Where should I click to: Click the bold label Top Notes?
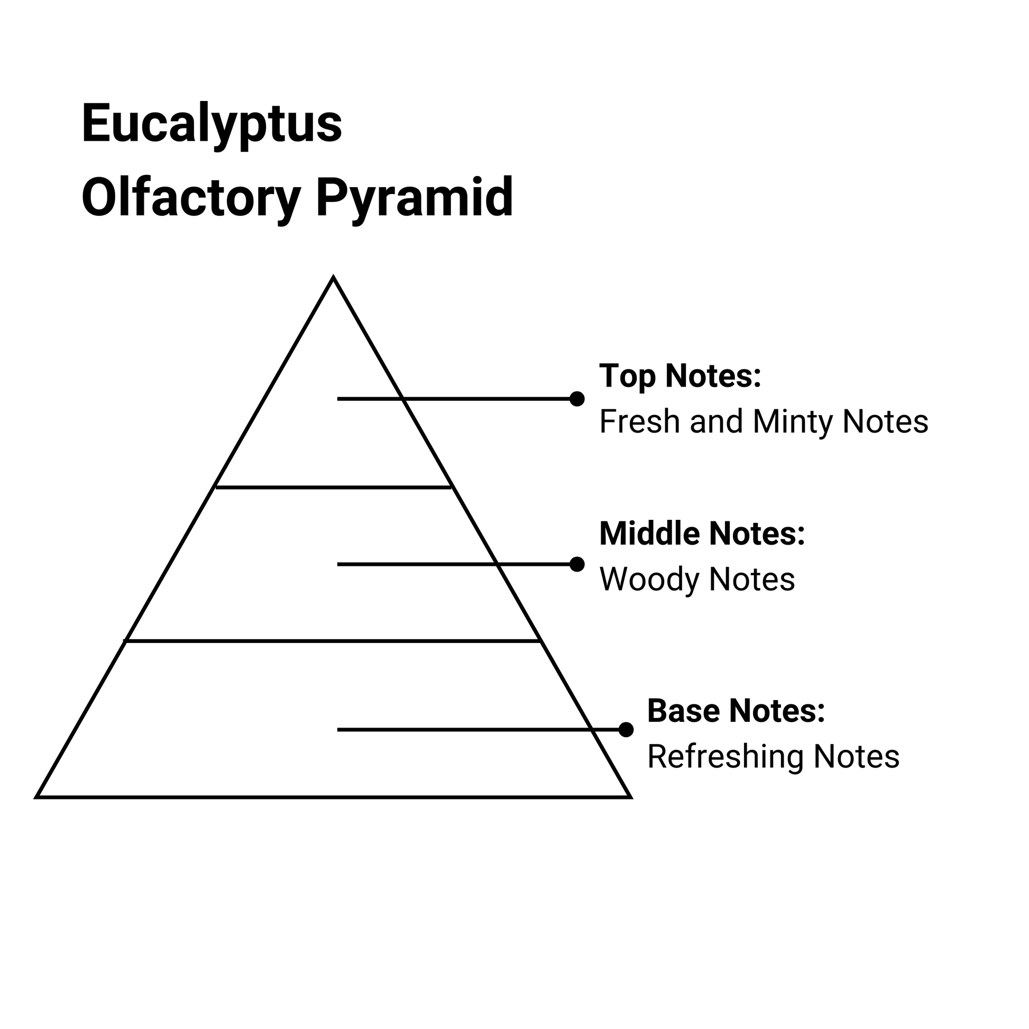coord(680,376)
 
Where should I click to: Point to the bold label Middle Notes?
coord(702,534)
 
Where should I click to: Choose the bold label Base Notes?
coord(736,711)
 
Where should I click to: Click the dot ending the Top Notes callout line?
coord(577,398)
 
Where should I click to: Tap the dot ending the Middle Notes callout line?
coord(577,564)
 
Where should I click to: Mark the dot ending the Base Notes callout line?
coord(626,730)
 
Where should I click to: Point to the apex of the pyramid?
coord(334,277)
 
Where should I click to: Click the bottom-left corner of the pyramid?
coord(36,797)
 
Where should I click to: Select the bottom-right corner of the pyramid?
coord(631,797)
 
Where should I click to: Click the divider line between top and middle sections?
coord(334,487)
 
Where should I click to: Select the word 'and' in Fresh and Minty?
coord(716,421)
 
